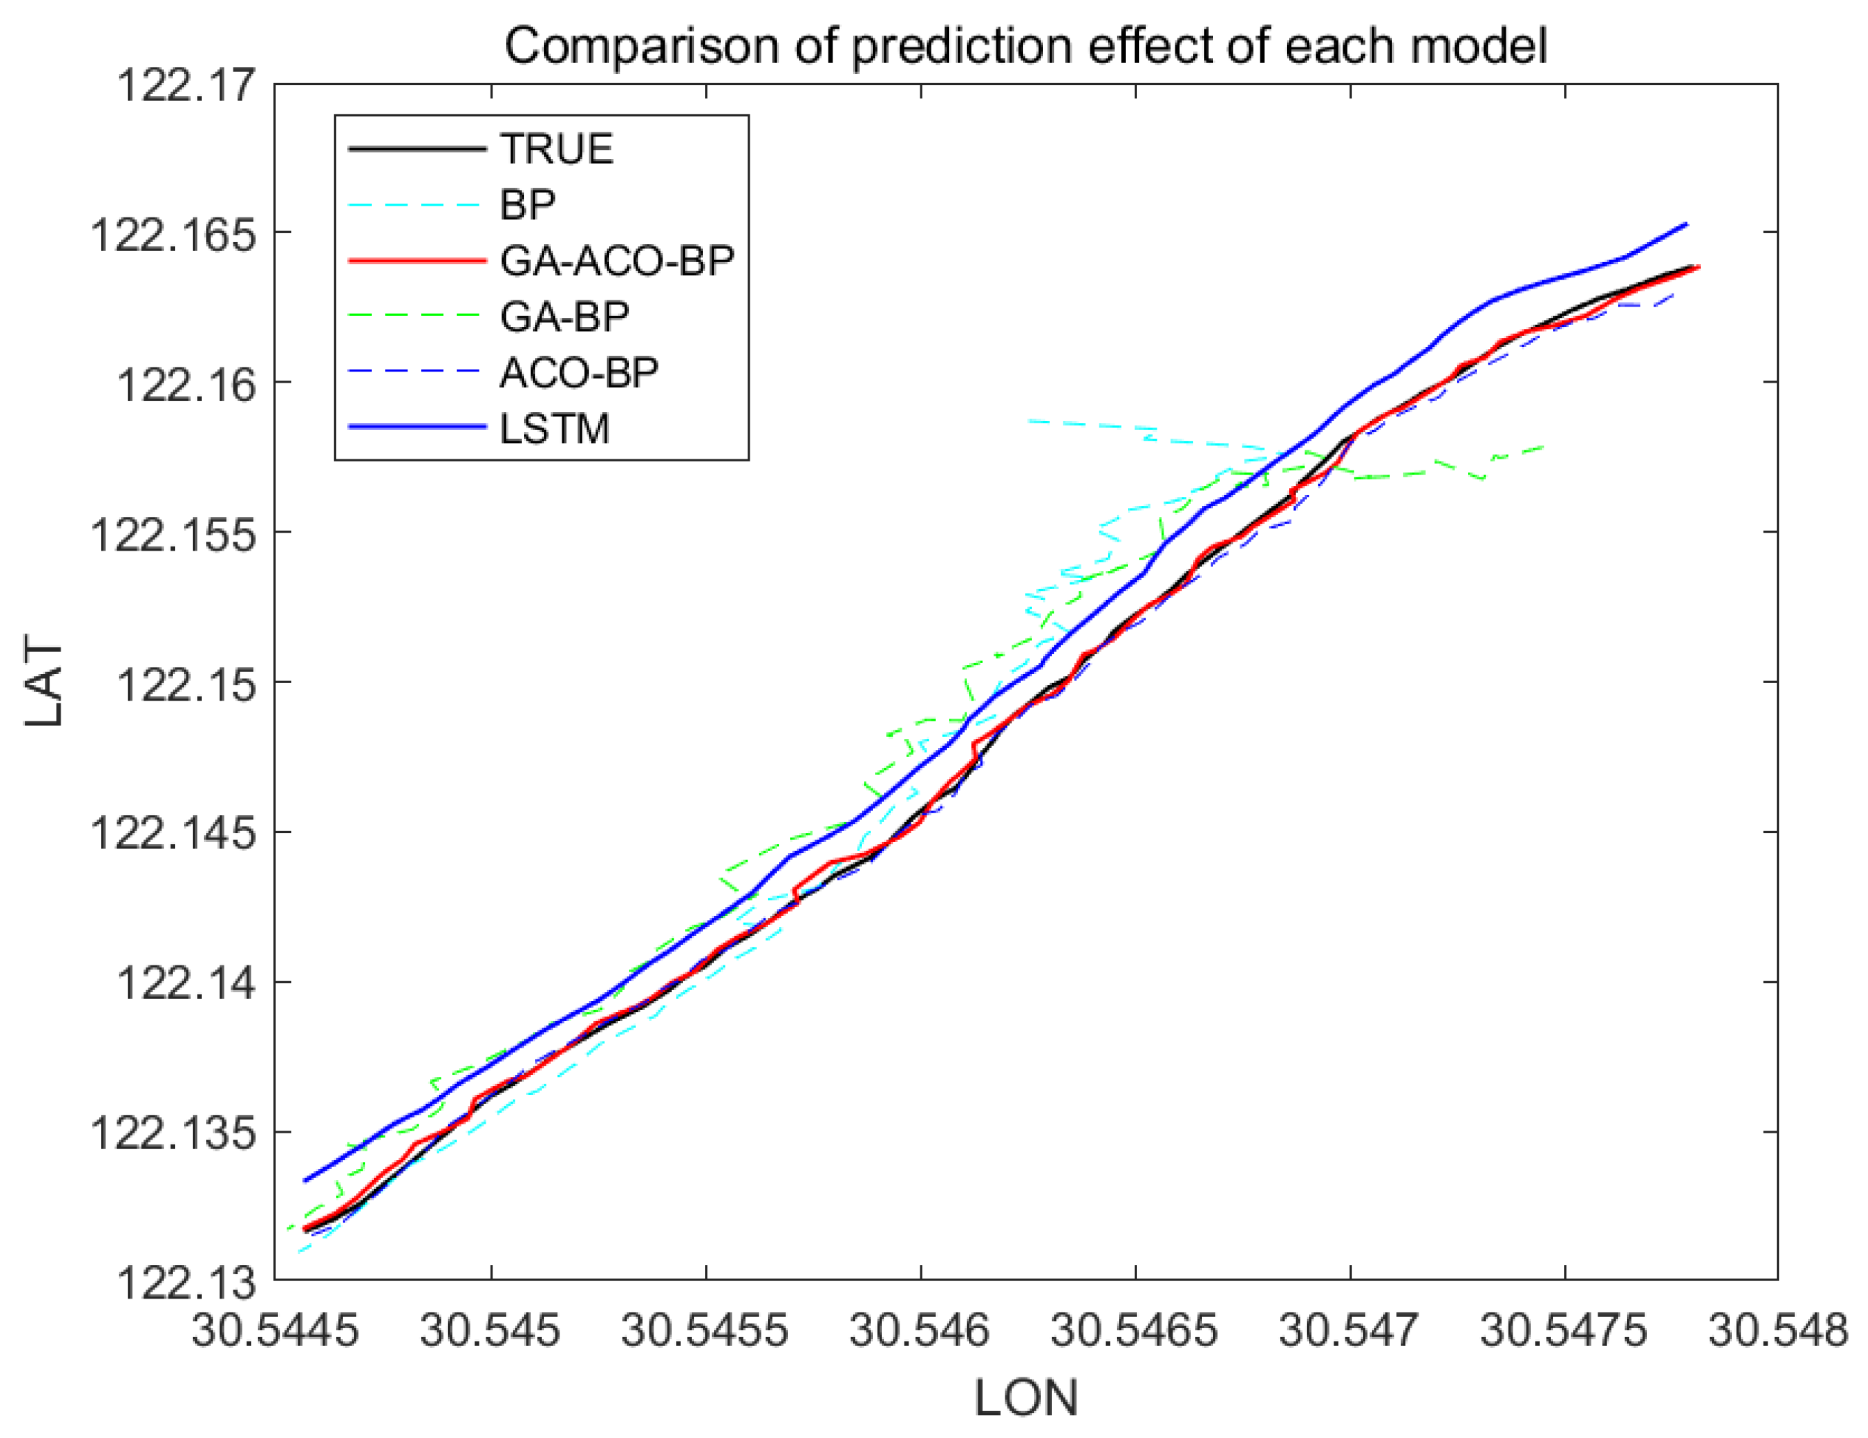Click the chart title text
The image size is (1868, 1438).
pyautogui.click(x=1025, y=45)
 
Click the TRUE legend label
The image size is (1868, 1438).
pyautogui.click(x=557, y=149)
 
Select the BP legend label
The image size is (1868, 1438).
pyautogui.click(x=527, y=204)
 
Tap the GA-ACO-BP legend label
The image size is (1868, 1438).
pyautogui.click(x=617, y=261)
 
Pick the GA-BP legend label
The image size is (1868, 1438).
pyautogui.click(x=564, y=316)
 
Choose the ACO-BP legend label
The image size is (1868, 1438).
pyautogui.click(x=579, y=372)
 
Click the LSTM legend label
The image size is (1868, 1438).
pyautogui.click(x=554, y=429)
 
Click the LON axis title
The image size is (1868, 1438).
pyautogui.click(x=1026, y=1398)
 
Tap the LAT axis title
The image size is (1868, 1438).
pyautogui.click(x=45, y=682)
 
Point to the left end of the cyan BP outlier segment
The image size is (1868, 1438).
pyautogui.click(x=1029, y=421)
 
